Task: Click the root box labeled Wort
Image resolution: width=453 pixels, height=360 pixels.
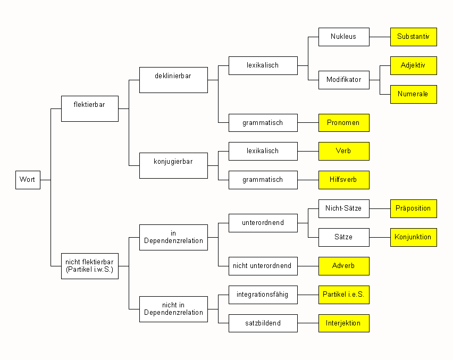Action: (28, 180)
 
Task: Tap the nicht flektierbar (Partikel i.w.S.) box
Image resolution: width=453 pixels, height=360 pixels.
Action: (89, 265)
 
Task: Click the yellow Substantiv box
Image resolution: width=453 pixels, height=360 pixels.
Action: (414, 37)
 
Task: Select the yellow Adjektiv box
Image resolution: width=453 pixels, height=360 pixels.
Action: (414, 65)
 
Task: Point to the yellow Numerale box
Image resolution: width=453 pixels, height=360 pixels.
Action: (414, 94)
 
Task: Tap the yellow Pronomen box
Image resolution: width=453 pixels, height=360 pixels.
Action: (343, 123)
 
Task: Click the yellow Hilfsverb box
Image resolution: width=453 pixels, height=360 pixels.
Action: (343, 180)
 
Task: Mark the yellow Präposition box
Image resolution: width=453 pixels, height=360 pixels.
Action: (414, 208)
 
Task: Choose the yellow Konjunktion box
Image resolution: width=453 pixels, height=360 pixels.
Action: (414, 237)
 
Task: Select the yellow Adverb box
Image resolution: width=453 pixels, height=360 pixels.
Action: (343, 266)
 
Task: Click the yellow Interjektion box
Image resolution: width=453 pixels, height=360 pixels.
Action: (343, 323)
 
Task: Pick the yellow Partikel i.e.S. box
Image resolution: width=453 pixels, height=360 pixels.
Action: (343, 295)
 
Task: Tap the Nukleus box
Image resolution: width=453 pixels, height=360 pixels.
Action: (343, 37)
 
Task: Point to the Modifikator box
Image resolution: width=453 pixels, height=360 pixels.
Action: (343, 80)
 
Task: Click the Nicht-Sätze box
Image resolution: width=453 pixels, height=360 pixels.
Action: (343, 208)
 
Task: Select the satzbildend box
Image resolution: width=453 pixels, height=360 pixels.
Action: (263, 323)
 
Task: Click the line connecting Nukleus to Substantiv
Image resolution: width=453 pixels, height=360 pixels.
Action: (380, 37)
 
